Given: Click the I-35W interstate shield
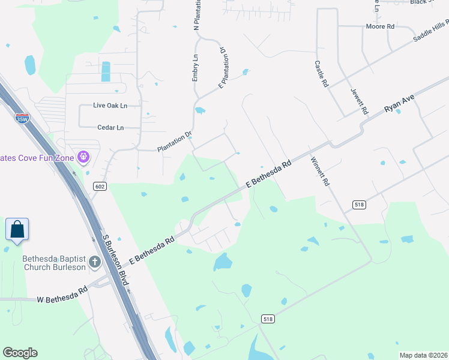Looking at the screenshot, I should pyautogui.click(x=22, y=118).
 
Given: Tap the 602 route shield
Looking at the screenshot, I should pyautogui.click(x=100, y=187).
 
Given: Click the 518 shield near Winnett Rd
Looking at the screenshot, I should pyautogui.click(x=360, y=205).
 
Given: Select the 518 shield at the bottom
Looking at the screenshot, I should pyautogui.click(x=268, y=319).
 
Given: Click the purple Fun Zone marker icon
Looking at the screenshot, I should pyautogui.click(x=83, y=158).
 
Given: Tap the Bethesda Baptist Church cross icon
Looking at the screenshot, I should pyautogui.click(x=95, y=262).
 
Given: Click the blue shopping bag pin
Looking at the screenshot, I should pyautogui.click(x=17, y=230).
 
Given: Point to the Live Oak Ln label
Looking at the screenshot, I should pyautogui.click(x=110, y=106).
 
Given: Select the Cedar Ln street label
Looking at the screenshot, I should pyautogui.click(x=110, y=127).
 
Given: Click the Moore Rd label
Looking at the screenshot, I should pyautogui.click(x=381, y=27).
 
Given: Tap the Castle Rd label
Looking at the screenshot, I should pyautogui.click(x=322, y=74).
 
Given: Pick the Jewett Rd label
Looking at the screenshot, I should pyautogui.click(x=358, y=100).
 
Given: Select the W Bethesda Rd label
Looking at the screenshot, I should pyautogui.click(x=62, y=299).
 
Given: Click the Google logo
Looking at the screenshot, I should pyautogui.click(x=20, y=353).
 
